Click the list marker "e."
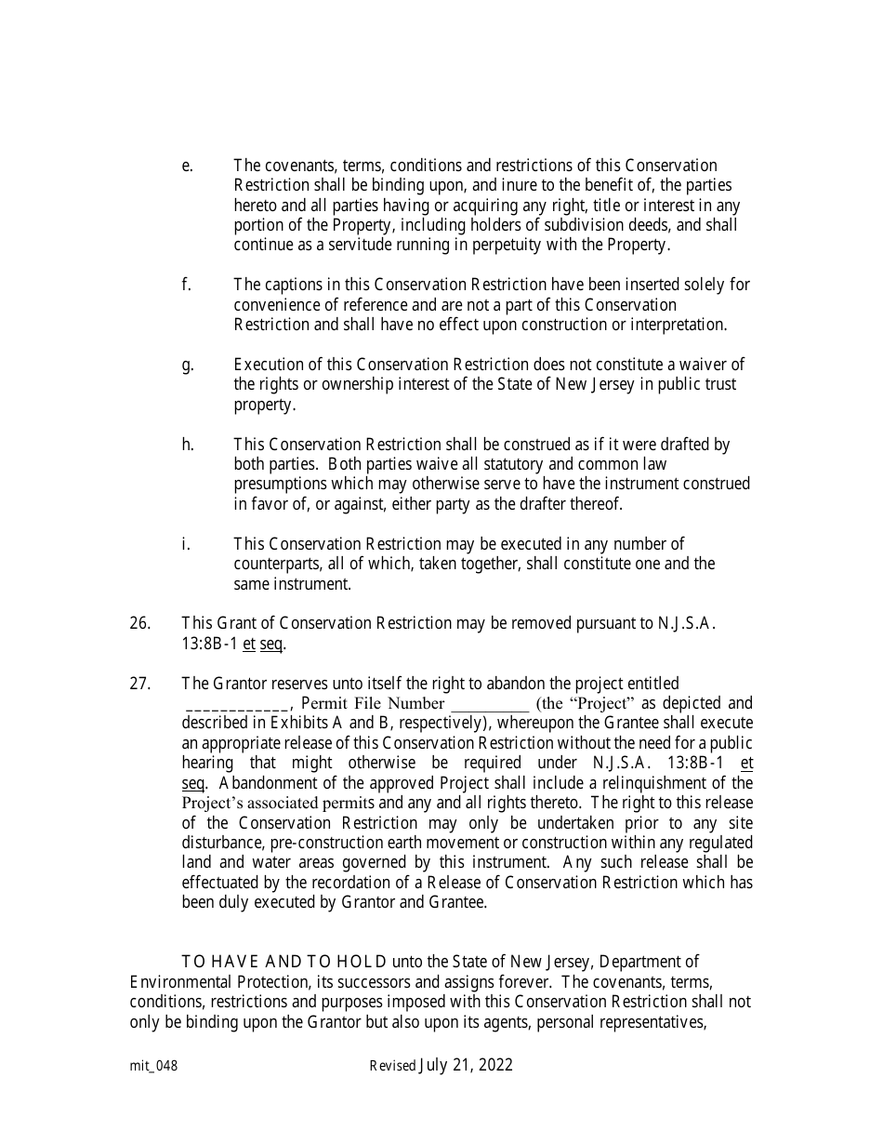pyautogui.click(x=187, y=166)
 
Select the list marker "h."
pyautogui.click(x=188, y=445)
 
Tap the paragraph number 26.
pyautogui.click(x=139, y=623)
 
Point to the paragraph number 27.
pyautogui.click(x=139, y=684)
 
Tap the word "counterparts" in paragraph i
pyautogui.click(x=276, y=564)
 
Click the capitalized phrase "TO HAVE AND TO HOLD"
pyautogui.click(x=284, y=962)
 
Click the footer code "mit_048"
pyautogui.click(x=153, y=1067)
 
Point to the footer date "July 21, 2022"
pyautogui.click(x=467, y=1066)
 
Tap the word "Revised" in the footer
pyautogui.click(x=392, y=1067)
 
